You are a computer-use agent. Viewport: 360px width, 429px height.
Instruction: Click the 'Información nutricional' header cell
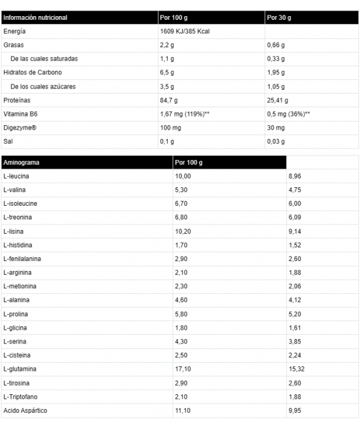point(35,18)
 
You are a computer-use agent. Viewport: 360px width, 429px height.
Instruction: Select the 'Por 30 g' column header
point(278,18)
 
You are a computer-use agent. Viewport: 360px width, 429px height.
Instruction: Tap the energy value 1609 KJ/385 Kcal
point(185,32)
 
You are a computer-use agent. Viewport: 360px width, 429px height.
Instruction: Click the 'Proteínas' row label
point(17,100)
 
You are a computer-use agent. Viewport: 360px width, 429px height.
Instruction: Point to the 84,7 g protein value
point(169,100)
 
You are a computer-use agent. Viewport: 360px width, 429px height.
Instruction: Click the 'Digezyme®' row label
point(20,127)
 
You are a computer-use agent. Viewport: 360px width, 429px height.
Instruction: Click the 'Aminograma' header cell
point(21,162)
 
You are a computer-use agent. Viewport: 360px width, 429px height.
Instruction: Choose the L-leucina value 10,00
point(183,176)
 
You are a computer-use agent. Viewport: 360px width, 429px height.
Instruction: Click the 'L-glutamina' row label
point(20,369)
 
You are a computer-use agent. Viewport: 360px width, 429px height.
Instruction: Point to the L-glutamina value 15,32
point(297,369)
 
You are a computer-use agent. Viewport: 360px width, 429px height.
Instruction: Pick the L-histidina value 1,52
point(295,245)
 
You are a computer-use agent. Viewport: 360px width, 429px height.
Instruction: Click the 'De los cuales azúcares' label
point(43,86)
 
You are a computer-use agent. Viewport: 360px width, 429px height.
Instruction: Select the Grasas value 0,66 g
point(276,45)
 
